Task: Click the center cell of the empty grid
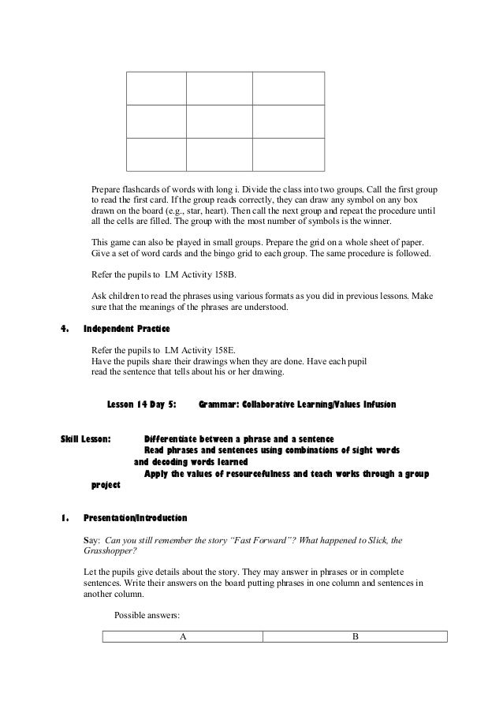[218, 121]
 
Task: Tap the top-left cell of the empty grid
[156, 88]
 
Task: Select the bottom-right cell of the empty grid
[288, 155]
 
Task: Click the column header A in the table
[182, 637]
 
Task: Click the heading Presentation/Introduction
[136, 519]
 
